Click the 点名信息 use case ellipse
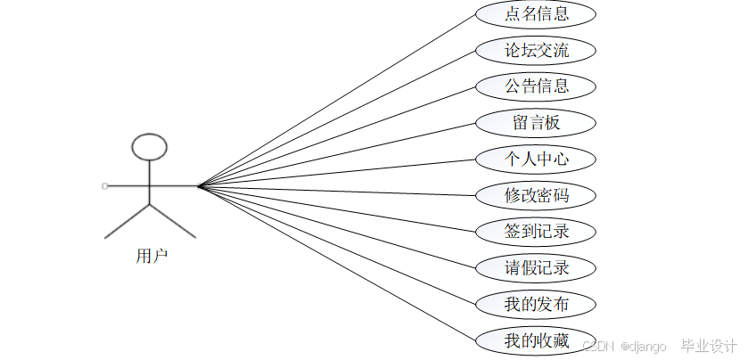(x=536, y=14)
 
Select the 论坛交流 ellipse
(x=536, y=50)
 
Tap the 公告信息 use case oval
(x=536, y=86)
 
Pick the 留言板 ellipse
(x=536, y=122)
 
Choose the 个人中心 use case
(x=536, y=159)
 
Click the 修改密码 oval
(x=536, y=195)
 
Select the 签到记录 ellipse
(x=536, y=232)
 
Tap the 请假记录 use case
(x=536, y=267)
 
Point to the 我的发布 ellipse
(x=536, y=304)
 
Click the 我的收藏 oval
(x=536, y=340)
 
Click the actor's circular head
(x=149, y=146)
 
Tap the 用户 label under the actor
(x=152, y=257)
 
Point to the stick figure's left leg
(x=127, y=221)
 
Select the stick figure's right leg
(x=172, y=221)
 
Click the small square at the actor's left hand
(x=105, y=186)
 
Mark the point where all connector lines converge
(x=198, y=186)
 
